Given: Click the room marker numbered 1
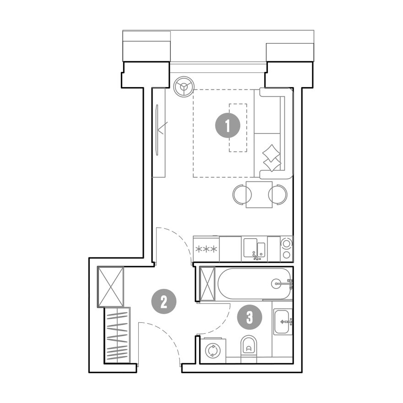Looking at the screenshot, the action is (x=228, y=125).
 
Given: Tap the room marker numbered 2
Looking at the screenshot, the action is (x=164, y=301).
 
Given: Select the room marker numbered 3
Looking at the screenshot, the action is (x=250, y=317).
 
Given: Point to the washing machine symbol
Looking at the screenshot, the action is (x=213, y=351).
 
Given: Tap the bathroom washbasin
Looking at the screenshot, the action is (x=283, y=322).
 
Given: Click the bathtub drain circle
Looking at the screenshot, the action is (x=276, y=283).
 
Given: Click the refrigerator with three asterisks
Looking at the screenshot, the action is (x=206, y=249).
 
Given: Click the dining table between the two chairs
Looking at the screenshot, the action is (x=259, y=195).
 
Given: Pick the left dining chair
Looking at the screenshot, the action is (x=242, y=195).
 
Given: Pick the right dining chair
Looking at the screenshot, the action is (x=278, y=195).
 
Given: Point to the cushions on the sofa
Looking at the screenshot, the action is (x=271, y=158).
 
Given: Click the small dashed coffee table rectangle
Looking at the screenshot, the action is (x=238, y=128).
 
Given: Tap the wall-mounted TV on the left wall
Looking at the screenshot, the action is (x=157, y=130).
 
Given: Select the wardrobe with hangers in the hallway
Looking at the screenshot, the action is (x=117, y=335).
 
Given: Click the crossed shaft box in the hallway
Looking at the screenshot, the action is (x=110, y=287).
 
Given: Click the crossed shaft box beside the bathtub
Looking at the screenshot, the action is (x=207, y=284).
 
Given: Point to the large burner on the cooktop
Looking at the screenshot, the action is (x=286, y=243).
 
